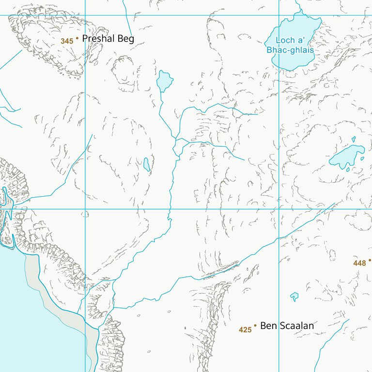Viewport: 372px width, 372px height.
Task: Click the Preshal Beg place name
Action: point(108,39)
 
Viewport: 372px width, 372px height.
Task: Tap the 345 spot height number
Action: point(67,41)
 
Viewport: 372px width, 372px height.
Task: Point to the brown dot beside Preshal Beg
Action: point(77,38)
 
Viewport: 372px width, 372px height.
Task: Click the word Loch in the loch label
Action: point(285,41)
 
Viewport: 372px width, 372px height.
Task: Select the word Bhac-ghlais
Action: point(290,50)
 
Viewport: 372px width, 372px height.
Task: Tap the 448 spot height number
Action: point(359,263)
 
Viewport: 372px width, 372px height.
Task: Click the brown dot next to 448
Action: point(370,260)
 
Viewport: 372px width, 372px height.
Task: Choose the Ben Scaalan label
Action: point(287,326)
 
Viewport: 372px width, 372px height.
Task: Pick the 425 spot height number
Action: point(245,330)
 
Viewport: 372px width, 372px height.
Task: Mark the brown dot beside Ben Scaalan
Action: point(255,325)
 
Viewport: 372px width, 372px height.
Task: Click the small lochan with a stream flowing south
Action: point(164,80)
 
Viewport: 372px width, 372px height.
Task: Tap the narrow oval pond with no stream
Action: point(146,164)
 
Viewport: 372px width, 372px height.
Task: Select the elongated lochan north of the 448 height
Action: point(346,156)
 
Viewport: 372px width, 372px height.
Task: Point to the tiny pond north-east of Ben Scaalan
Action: point(294,296)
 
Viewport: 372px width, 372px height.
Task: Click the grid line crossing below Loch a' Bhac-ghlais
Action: point(279,209)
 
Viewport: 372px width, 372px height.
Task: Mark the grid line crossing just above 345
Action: point(85,15)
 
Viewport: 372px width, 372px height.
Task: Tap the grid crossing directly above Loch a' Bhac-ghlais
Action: point(279,15)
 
